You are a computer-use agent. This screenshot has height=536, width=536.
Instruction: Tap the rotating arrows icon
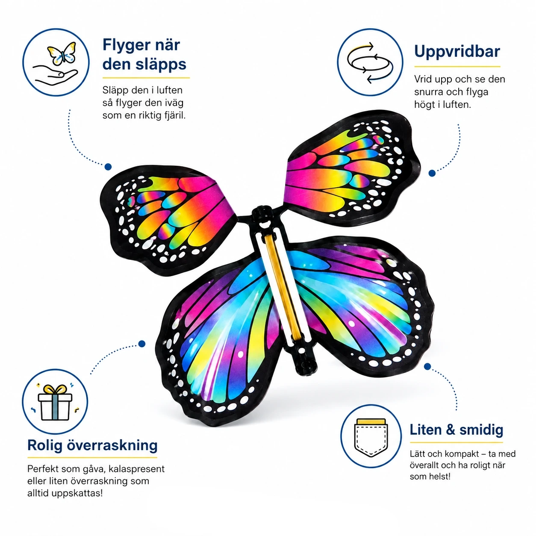(370, 62)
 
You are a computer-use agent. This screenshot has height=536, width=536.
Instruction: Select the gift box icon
(55, 402)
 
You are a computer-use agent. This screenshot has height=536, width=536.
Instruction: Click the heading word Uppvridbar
(457, 52)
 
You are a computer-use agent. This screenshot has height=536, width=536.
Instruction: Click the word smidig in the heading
(481, 430)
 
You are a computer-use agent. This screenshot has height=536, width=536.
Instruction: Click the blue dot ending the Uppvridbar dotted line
(432, 173)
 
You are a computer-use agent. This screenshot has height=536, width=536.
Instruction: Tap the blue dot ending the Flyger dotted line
(108, 167)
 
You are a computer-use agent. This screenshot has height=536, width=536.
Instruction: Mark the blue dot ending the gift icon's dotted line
(142, 344)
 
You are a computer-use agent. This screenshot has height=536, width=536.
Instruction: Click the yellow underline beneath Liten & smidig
(456, 442)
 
